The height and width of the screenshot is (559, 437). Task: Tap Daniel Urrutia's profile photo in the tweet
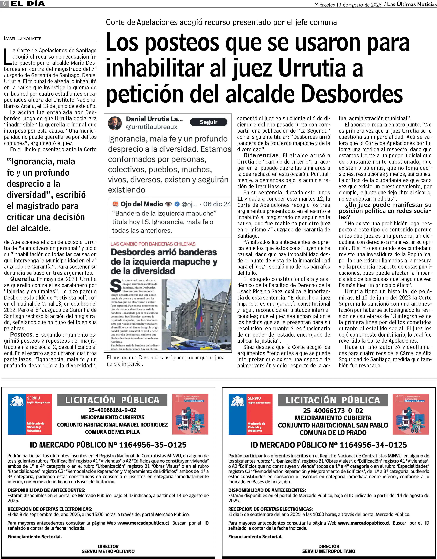(115, 123)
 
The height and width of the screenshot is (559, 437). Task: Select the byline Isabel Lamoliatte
(23, 38)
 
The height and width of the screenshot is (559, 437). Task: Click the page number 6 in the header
(4, 4)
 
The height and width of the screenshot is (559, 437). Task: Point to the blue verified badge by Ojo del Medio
(177, 204)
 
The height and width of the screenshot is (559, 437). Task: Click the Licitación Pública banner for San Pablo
(333, 400)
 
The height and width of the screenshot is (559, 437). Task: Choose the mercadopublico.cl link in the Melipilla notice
(143, 523)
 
